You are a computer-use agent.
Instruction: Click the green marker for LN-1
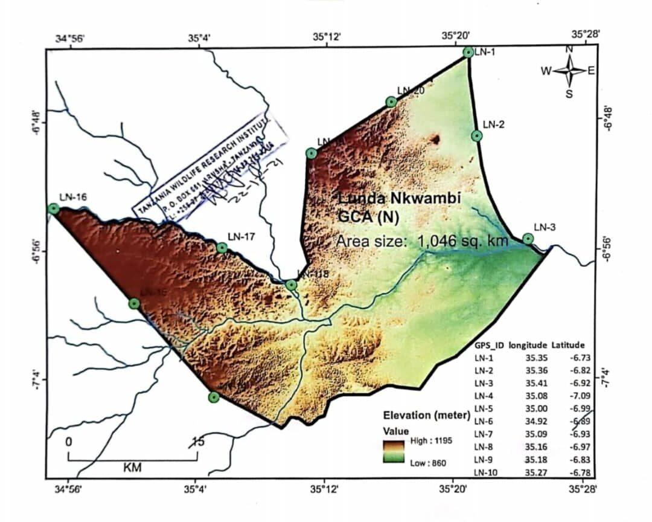pos(468,52)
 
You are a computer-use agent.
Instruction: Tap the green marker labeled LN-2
pos(477,135)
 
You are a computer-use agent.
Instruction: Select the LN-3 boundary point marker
pos(528,238)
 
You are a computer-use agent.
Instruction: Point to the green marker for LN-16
pos(54,208)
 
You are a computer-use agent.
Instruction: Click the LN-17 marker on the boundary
pos(222,247)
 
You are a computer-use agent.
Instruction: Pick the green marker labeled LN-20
pos(391,101)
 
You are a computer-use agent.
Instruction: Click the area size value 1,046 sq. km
pos(462,242)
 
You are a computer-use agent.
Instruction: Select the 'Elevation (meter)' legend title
pos(426,416)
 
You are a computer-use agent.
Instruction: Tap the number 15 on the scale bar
pos(197,441)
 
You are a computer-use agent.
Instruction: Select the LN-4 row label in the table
pos(484,396)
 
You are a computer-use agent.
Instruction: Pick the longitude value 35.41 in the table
pos(535,383)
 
